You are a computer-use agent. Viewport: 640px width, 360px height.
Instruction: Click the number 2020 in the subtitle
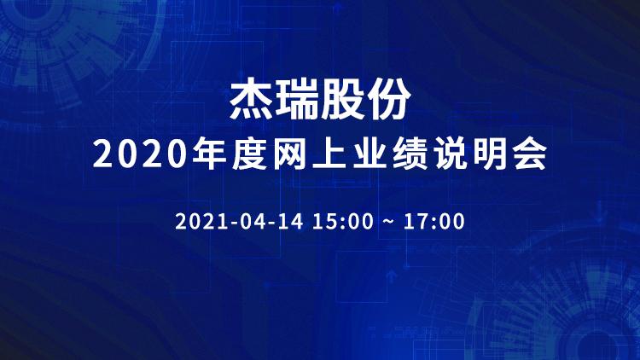point(140,154)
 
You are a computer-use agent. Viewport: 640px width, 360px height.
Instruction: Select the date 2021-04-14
point(239,221)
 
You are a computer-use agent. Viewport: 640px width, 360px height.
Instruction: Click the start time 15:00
point(343,221)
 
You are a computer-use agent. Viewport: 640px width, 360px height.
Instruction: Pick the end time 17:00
point(434,221)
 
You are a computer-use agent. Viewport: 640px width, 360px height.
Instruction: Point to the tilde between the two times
point(388,222)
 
